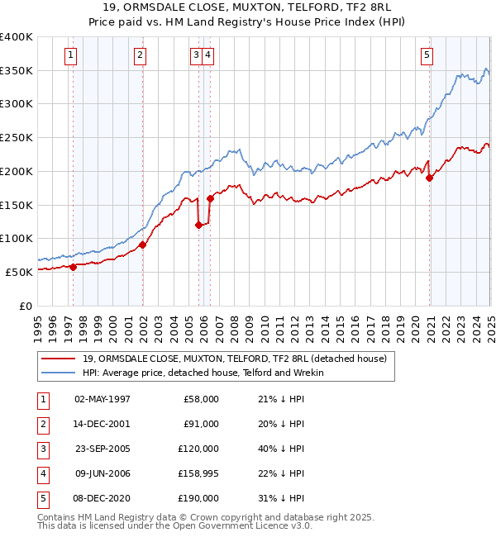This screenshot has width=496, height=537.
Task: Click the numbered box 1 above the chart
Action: click(71, 55)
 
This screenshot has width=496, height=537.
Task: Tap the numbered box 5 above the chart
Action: click(427, 55)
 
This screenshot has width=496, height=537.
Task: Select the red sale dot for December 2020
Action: click(430, 178)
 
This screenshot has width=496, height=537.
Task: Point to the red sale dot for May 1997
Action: click(73, 267)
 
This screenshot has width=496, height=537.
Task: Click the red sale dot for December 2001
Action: click(142, 245)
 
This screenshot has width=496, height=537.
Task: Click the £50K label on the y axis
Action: click(19, 272)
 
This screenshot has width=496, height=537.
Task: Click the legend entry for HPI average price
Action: click(203, 373)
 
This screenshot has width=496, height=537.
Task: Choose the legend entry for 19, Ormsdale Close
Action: click(235, 359)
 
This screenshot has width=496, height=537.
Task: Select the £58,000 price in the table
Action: click(200, 398)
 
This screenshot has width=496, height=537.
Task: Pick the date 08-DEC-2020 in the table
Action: click(103, 498)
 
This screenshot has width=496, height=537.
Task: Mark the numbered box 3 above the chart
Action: click(196, 55)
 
